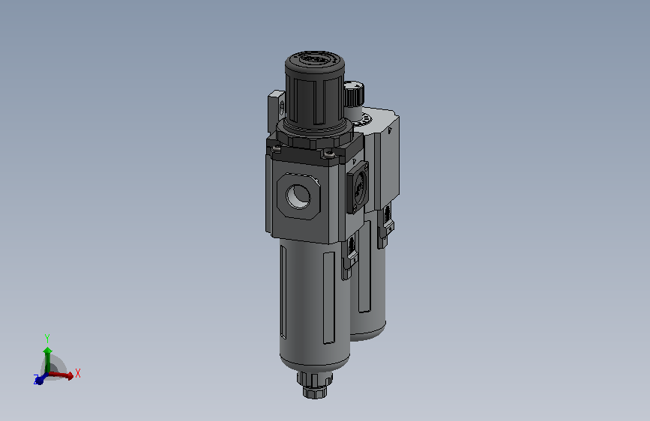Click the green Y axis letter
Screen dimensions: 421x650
coord(47,338)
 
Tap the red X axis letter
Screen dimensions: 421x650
coord(78,372)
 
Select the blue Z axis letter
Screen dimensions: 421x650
coord(36,380)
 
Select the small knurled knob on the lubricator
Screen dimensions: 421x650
coord(354,94)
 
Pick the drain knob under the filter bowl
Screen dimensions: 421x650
coord(315,385)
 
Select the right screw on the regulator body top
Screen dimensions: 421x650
coord(328,154)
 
